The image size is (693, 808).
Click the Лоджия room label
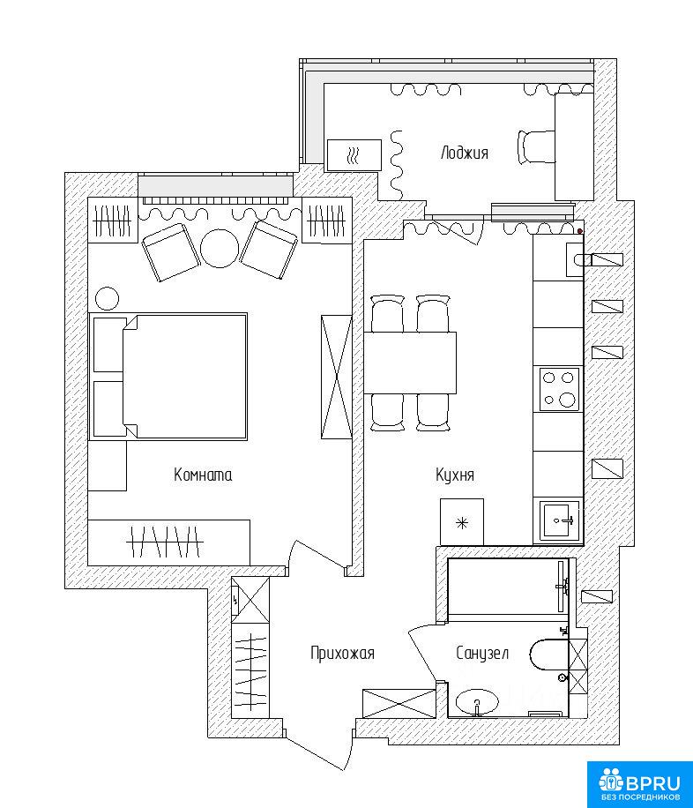coord(465,153)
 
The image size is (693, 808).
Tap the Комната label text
coord(203,475)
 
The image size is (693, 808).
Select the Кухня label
coord(454,475)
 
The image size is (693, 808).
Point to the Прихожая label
coord(342,654)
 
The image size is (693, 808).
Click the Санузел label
coord(482,654)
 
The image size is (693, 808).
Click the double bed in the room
coord(168,376)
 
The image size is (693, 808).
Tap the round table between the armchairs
coord(220,249)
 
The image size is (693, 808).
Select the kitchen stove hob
coord(560,389)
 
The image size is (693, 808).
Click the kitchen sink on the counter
coord(559,520)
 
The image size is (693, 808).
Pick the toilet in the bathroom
coord(548,655)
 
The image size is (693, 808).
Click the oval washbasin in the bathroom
coord(478,702)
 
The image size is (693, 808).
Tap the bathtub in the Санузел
coord(508,587)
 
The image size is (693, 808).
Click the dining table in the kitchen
coord(410,363)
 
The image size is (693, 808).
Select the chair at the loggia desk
coord(536,147)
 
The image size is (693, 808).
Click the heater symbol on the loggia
coord(354,154)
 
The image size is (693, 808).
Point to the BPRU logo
coord(640,784)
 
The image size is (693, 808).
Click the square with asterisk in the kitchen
coord(462,522)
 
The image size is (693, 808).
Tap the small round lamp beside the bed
coord(108,298)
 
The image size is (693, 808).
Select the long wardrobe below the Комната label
coord(169,542)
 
